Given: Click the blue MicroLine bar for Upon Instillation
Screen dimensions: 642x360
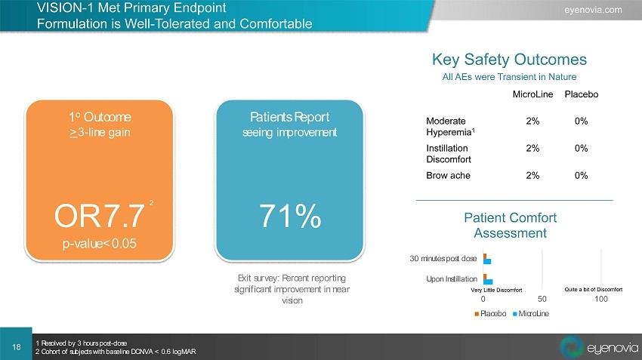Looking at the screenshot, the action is tap(488, 282).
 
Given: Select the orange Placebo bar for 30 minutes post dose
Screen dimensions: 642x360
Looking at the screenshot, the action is tap(485, 256).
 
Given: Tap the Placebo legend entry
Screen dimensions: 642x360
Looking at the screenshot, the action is tap(490, 314).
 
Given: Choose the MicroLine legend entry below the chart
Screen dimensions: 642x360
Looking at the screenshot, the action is tap(531, 314).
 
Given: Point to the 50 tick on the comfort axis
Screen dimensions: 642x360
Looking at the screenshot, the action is tap(542, 299).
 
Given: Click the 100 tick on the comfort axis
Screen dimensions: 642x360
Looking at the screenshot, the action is tap(601, 299).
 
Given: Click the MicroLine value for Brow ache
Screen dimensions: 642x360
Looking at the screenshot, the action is tap(532, 176).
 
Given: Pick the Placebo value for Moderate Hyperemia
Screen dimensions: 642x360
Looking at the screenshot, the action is tap(581, 121).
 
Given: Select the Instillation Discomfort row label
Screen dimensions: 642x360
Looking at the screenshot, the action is tap(449, 154).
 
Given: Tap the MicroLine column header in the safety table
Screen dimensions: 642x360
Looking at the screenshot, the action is tap(532, 94).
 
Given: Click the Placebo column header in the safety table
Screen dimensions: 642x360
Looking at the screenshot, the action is tap(582, 94).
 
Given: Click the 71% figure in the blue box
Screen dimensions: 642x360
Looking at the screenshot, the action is tap(290, 216).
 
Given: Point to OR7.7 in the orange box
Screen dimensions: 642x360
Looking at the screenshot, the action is tap(100, 216).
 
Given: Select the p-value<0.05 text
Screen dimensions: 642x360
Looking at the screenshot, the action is tap(100, 244).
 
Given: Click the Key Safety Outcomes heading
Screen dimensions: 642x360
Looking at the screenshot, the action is tap(509, 60).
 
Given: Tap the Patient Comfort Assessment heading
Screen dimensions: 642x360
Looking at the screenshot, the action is tap(510, 226).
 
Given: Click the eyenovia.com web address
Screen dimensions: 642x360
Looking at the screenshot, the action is tap(593, 10).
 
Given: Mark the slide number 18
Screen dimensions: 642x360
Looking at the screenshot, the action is tap(17, 347).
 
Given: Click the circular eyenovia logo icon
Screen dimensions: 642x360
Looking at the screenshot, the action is tap(572, 347).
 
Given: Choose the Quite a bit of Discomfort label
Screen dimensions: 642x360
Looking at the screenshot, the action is tap(593, 289).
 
